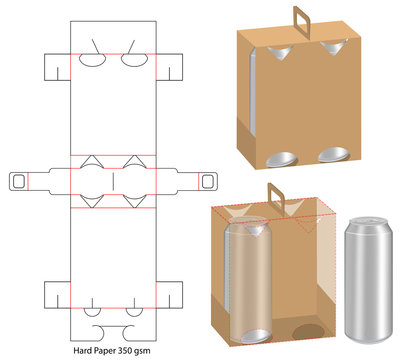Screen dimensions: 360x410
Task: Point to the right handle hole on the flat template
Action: (209, 180)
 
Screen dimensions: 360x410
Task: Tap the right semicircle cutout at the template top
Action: (136, 59)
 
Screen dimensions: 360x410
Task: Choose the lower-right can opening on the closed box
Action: (333, 156)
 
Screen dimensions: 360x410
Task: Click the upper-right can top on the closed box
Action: (330, 47)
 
